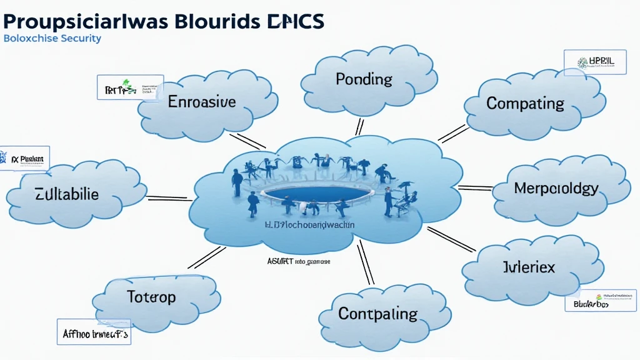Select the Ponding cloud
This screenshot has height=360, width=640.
(364, 79)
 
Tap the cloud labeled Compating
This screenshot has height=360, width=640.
(525, 103)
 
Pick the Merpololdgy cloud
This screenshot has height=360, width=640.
(556, 188)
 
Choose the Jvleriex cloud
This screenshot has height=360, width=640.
(529, 267)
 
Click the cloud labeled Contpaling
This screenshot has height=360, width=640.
(377, 313)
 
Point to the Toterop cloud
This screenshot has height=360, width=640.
(151, 296)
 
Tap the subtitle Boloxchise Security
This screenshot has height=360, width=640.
(52, 38)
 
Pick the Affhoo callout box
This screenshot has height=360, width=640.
(94, 332)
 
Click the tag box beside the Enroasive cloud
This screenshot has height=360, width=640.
(130, 88)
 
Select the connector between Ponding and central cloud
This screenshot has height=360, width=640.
(359, 127)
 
